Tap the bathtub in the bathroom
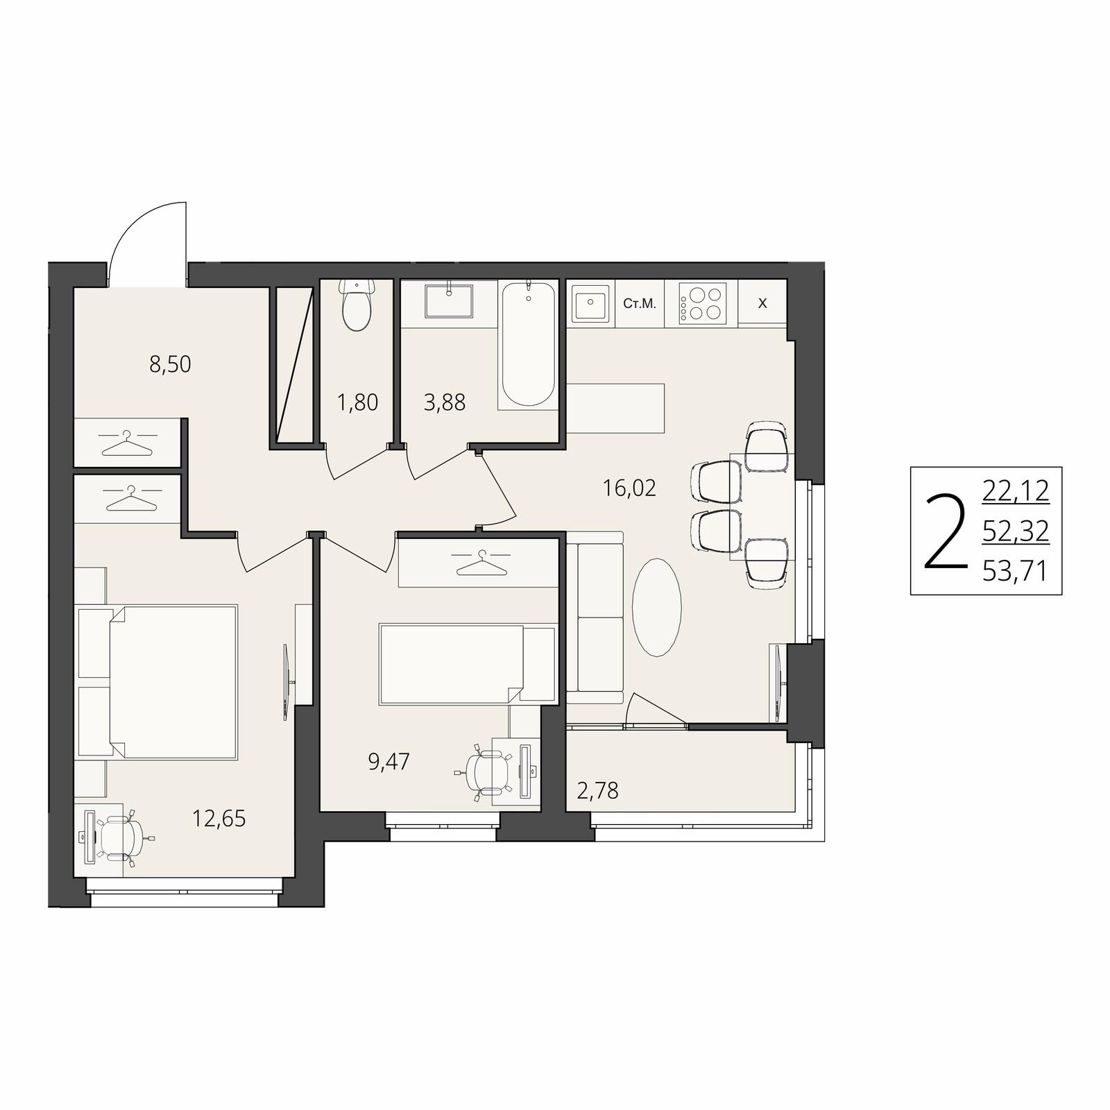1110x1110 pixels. (x=528, y=343)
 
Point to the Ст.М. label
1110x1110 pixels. (x=639, y=303)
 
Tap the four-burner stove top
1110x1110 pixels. (x=701, y=303)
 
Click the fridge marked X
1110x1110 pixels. (x=762, y=303)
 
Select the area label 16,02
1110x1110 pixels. (x=629, y=488)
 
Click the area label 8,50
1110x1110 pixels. (x=170, y=364)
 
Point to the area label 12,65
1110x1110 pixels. (x=219, y=819)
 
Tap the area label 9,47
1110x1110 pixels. (x=389, y=762)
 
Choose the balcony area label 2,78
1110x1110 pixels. (x=597, y=790)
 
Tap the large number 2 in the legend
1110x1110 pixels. (x=946, y=532)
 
